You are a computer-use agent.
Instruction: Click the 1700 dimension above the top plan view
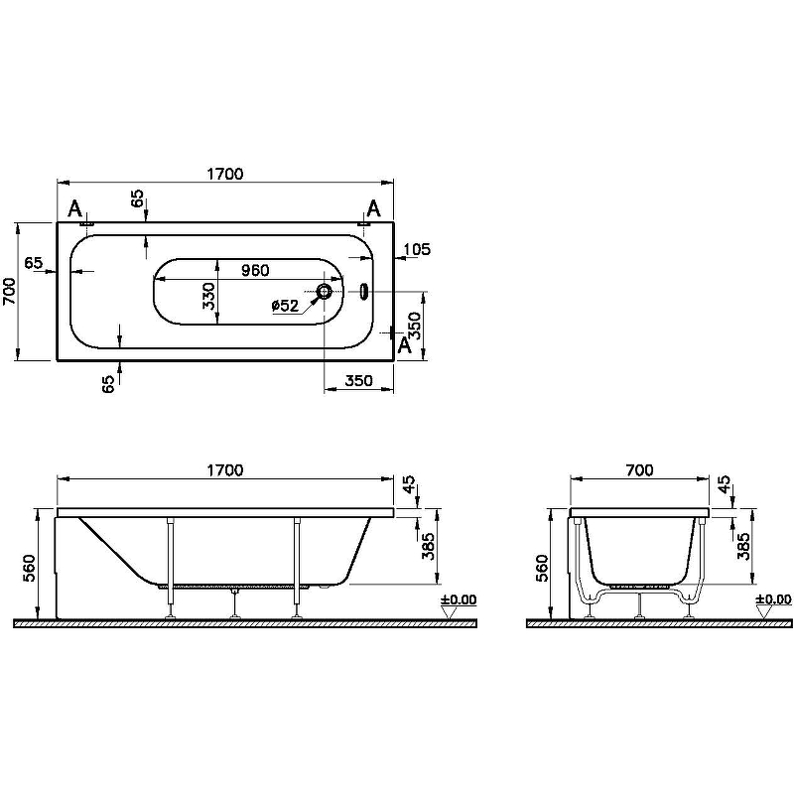225,174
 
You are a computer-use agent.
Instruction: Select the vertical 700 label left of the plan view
9,292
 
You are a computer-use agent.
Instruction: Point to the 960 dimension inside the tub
252,269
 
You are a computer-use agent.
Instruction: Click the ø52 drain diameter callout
285,307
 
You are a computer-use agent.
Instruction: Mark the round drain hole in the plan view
325,293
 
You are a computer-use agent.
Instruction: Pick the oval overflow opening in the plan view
363,293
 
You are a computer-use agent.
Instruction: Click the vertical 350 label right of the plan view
417,326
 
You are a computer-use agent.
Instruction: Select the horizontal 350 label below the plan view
359,380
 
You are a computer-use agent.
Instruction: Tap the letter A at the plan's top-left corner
74,208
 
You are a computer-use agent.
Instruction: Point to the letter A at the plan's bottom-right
404,344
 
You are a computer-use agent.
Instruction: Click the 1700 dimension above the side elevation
225,470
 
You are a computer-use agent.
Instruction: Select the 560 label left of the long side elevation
29,566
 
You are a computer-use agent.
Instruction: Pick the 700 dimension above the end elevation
640,470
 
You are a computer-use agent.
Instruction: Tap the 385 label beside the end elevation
743,547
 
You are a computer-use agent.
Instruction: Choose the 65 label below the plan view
109,384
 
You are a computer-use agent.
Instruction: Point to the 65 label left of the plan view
34,263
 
